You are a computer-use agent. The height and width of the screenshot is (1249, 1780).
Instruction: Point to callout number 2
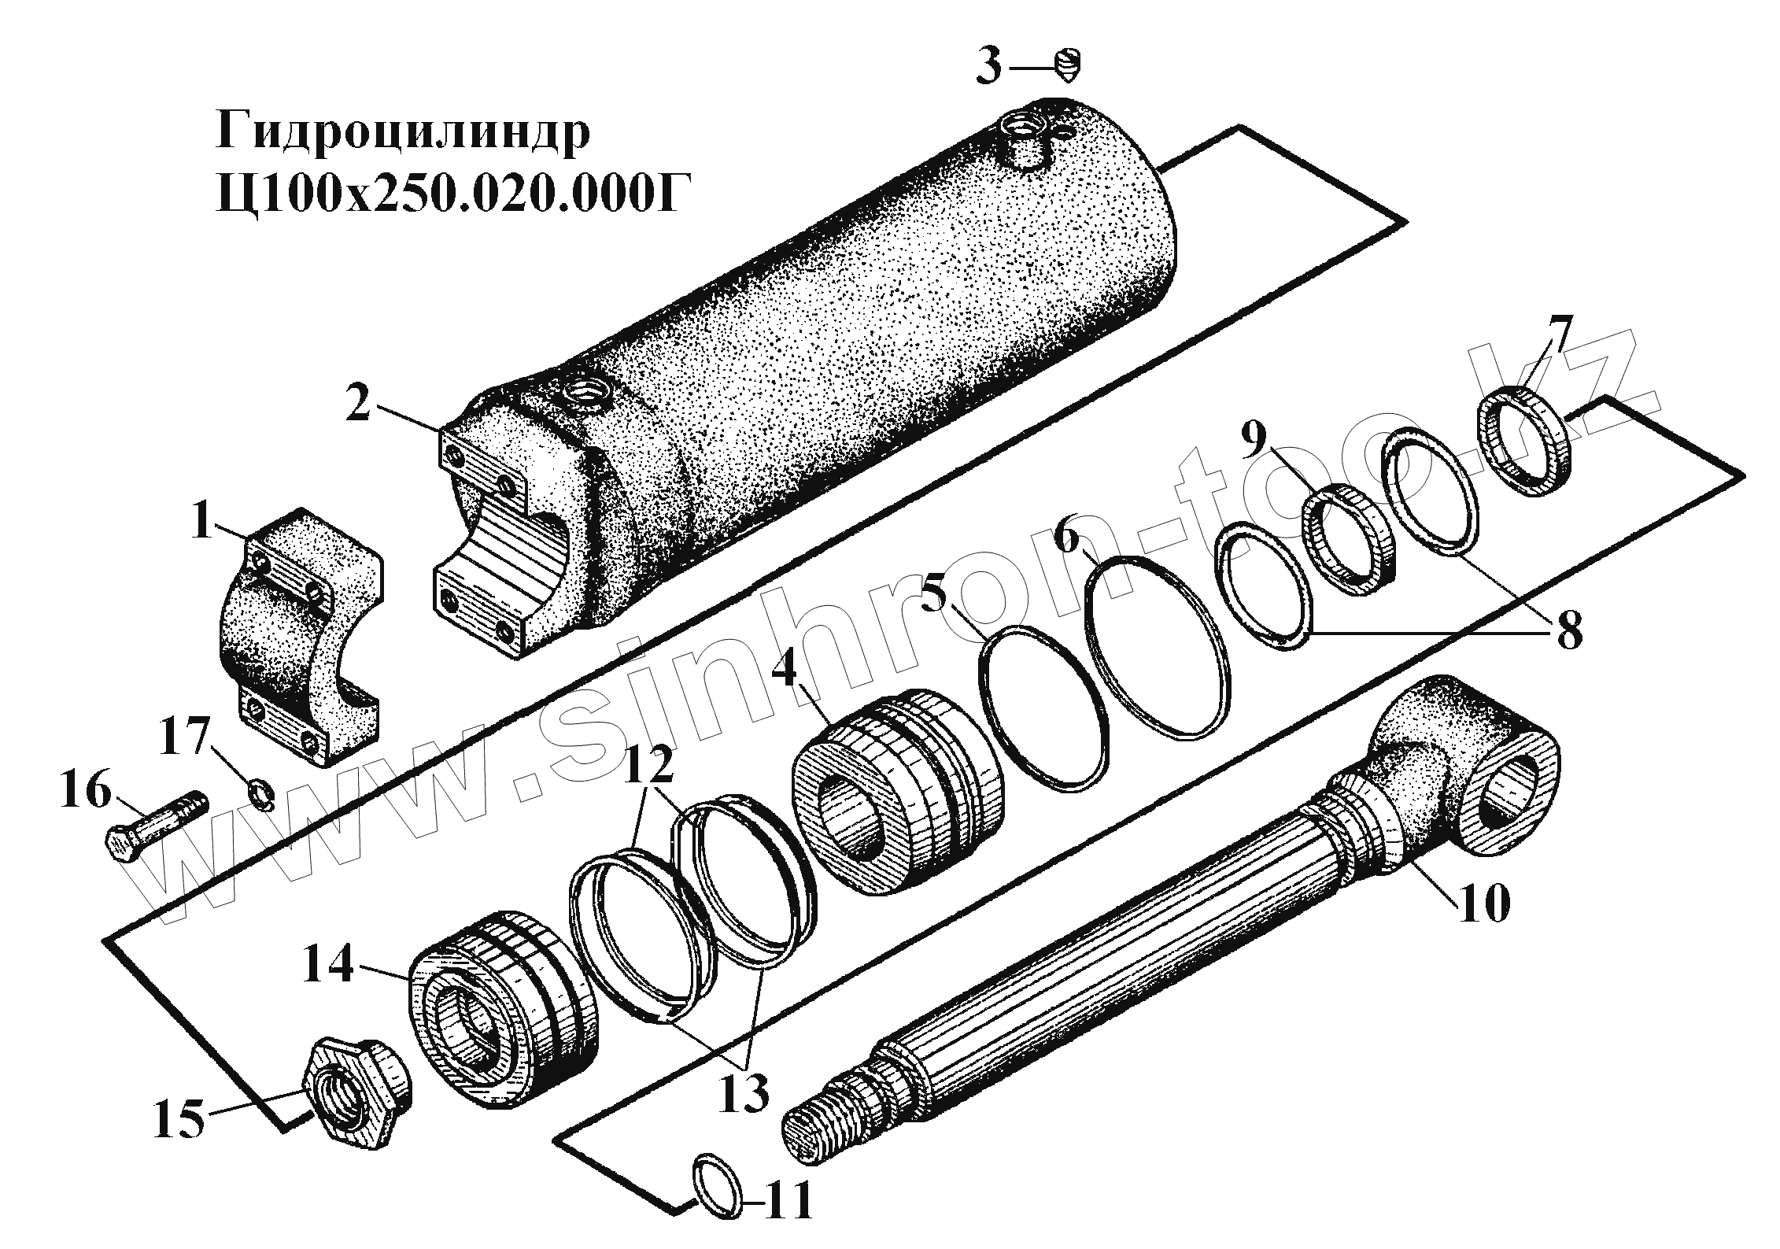click(359, 405)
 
